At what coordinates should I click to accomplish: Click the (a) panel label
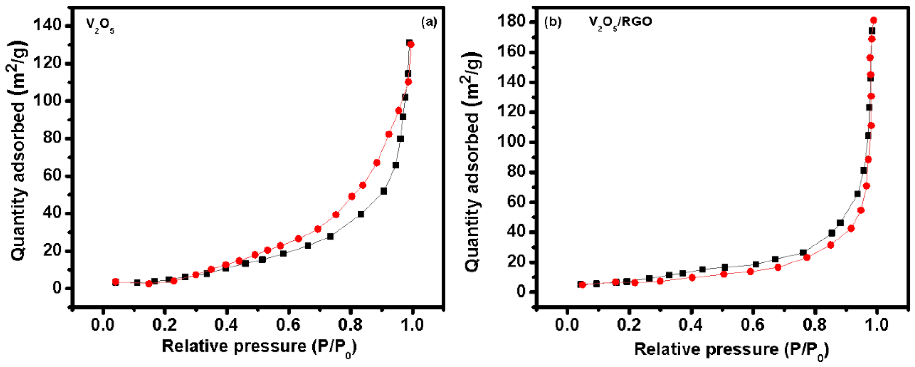[429, 22]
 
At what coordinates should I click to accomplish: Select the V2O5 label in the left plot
[100, 26]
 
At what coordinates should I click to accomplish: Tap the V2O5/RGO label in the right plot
[620, 23]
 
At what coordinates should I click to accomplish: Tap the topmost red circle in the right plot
[873, 20]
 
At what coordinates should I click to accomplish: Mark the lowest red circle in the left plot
[149, 283]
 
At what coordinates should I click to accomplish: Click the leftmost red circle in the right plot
[582, 285]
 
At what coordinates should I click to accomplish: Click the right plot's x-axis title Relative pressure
[731, 350]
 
